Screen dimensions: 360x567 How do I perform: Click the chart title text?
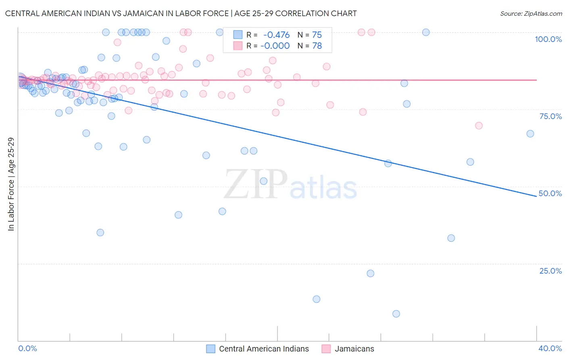(x=181, y=13)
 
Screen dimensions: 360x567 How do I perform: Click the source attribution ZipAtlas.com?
(x=531, y=13)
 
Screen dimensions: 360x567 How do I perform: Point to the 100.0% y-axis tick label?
(x=548, y=39)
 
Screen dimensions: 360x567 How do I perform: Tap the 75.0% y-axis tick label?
(x=550, y=116)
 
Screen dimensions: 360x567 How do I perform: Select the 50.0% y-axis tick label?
(x=550, y=193)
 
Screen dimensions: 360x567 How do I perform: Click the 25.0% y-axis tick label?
(x=550, y=271)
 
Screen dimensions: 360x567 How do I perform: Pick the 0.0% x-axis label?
(x=27, y=348)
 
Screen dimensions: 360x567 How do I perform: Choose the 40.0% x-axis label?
(x=550, y=348)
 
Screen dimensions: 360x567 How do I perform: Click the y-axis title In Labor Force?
(x=11, y=184)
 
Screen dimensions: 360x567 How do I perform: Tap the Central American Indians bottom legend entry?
(x=264, y=349)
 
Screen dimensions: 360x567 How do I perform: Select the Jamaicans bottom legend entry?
(x=354, y=349)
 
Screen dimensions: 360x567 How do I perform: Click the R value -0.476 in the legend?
(x=276, y=35)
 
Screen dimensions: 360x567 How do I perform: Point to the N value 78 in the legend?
(x=317, y=46)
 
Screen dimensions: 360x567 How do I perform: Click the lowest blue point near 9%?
(x=396, y=314)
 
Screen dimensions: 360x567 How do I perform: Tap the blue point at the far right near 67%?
(x=530, y=134)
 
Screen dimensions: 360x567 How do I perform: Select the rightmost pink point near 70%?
(x=479, y=126)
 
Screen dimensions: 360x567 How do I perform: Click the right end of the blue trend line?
(x=536, y=196)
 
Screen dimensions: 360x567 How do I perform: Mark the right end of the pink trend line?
(x=536, y=80)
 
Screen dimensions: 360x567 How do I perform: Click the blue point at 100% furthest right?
(x=426, y=32)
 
